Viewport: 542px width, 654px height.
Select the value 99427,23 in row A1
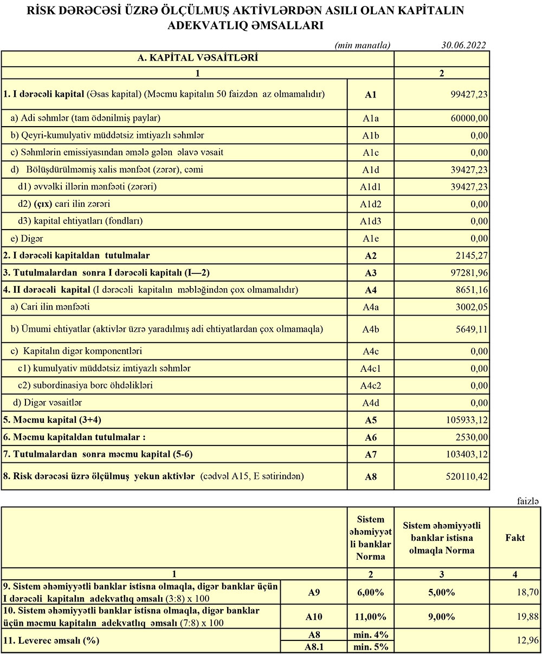(x=469, y=94)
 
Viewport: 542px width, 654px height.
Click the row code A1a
(x=371, y=118)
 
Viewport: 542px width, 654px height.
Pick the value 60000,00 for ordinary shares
(x=469, y=118)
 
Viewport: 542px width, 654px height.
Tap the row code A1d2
(x=371, y=204)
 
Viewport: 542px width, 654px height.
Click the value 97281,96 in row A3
(x=469, y=273)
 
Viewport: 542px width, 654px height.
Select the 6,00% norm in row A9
(x=371, y=592)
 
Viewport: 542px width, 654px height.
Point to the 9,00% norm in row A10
(x=441, y=616)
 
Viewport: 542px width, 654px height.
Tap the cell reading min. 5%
(x=371, y=647)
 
